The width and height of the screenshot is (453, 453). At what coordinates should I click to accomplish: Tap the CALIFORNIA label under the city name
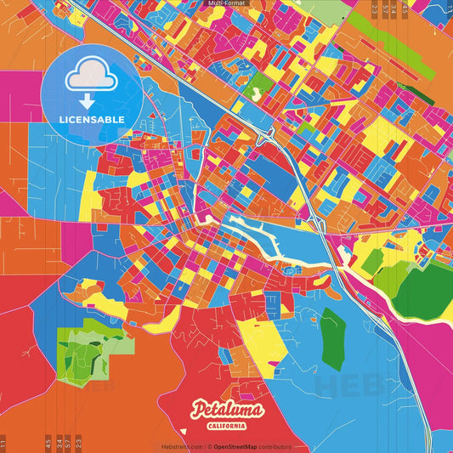pos(227,425)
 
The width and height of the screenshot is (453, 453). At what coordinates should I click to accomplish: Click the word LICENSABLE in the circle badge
pos(92,120)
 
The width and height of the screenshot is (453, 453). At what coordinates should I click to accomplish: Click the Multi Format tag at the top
pos(226,4)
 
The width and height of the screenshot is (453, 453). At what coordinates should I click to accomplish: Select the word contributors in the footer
pos(276,446)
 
